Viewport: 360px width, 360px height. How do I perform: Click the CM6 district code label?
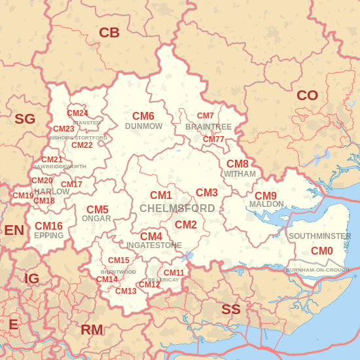point(143,115)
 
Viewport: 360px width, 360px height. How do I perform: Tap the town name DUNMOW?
point(143,126)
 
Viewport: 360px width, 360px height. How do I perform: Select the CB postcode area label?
point(109,33)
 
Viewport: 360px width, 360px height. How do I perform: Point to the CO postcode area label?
point(307,96)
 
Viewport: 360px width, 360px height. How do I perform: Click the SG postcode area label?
point(25,118)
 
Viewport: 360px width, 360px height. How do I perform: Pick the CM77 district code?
point(213,139)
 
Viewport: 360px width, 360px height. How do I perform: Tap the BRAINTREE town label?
point(208,126)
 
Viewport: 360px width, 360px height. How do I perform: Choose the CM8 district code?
point(238,164)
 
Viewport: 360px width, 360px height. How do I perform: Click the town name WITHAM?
point(240,175)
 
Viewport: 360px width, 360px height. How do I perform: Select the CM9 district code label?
point(266,196)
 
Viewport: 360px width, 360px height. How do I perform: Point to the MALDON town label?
point(266,205)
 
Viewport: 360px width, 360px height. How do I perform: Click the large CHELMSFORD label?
point(177,208)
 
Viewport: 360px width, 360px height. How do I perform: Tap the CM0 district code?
point(322,251)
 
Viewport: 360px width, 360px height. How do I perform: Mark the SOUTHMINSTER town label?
point(319,236)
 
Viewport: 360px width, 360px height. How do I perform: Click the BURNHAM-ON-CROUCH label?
point(317,270)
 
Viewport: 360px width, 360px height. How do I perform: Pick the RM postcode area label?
point(92,330)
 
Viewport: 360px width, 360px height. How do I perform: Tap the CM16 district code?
point(48,226)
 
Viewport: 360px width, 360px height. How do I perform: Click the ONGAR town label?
point(97,219)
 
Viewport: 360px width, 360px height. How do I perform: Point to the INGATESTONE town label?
point(154,245)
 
